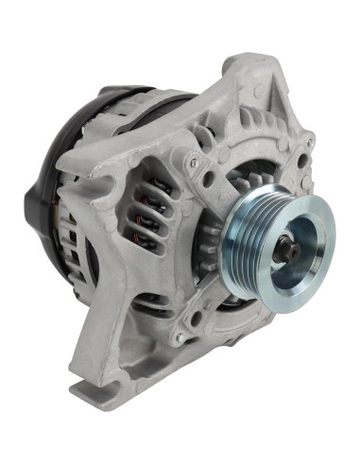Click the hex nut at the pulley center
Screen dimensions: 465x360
pos(287,252)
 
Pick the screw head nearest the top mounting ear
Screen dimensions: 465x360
pos(193,162)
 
